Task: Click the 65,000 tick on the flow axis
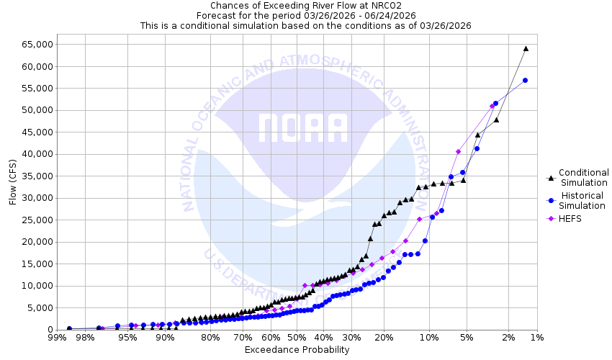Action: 32,44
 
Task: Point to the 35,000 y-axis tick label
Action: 32,176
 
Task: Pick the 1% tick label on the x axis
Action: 537,337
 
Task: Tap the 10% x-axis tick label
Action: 429,337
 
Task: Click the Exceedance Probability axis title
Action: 297,350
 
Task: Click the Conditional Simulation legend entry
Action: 584,177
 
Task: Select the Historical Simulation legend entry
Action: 584,200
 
